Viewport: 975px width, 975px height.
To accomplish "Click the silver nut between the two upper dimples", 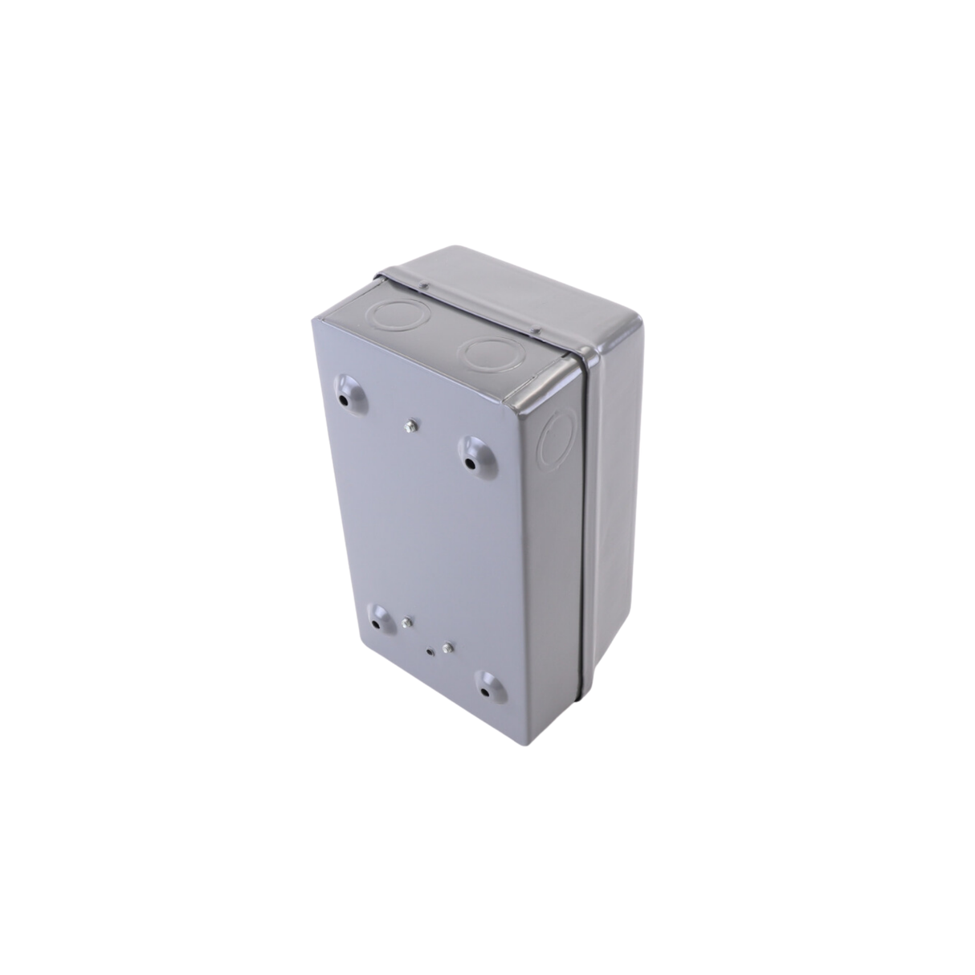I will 412,425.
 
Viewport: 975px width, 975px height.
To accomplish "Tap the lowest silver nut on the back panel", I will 447,647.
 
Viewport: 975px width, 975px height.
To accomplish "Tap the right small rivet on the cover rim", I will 535,328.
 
